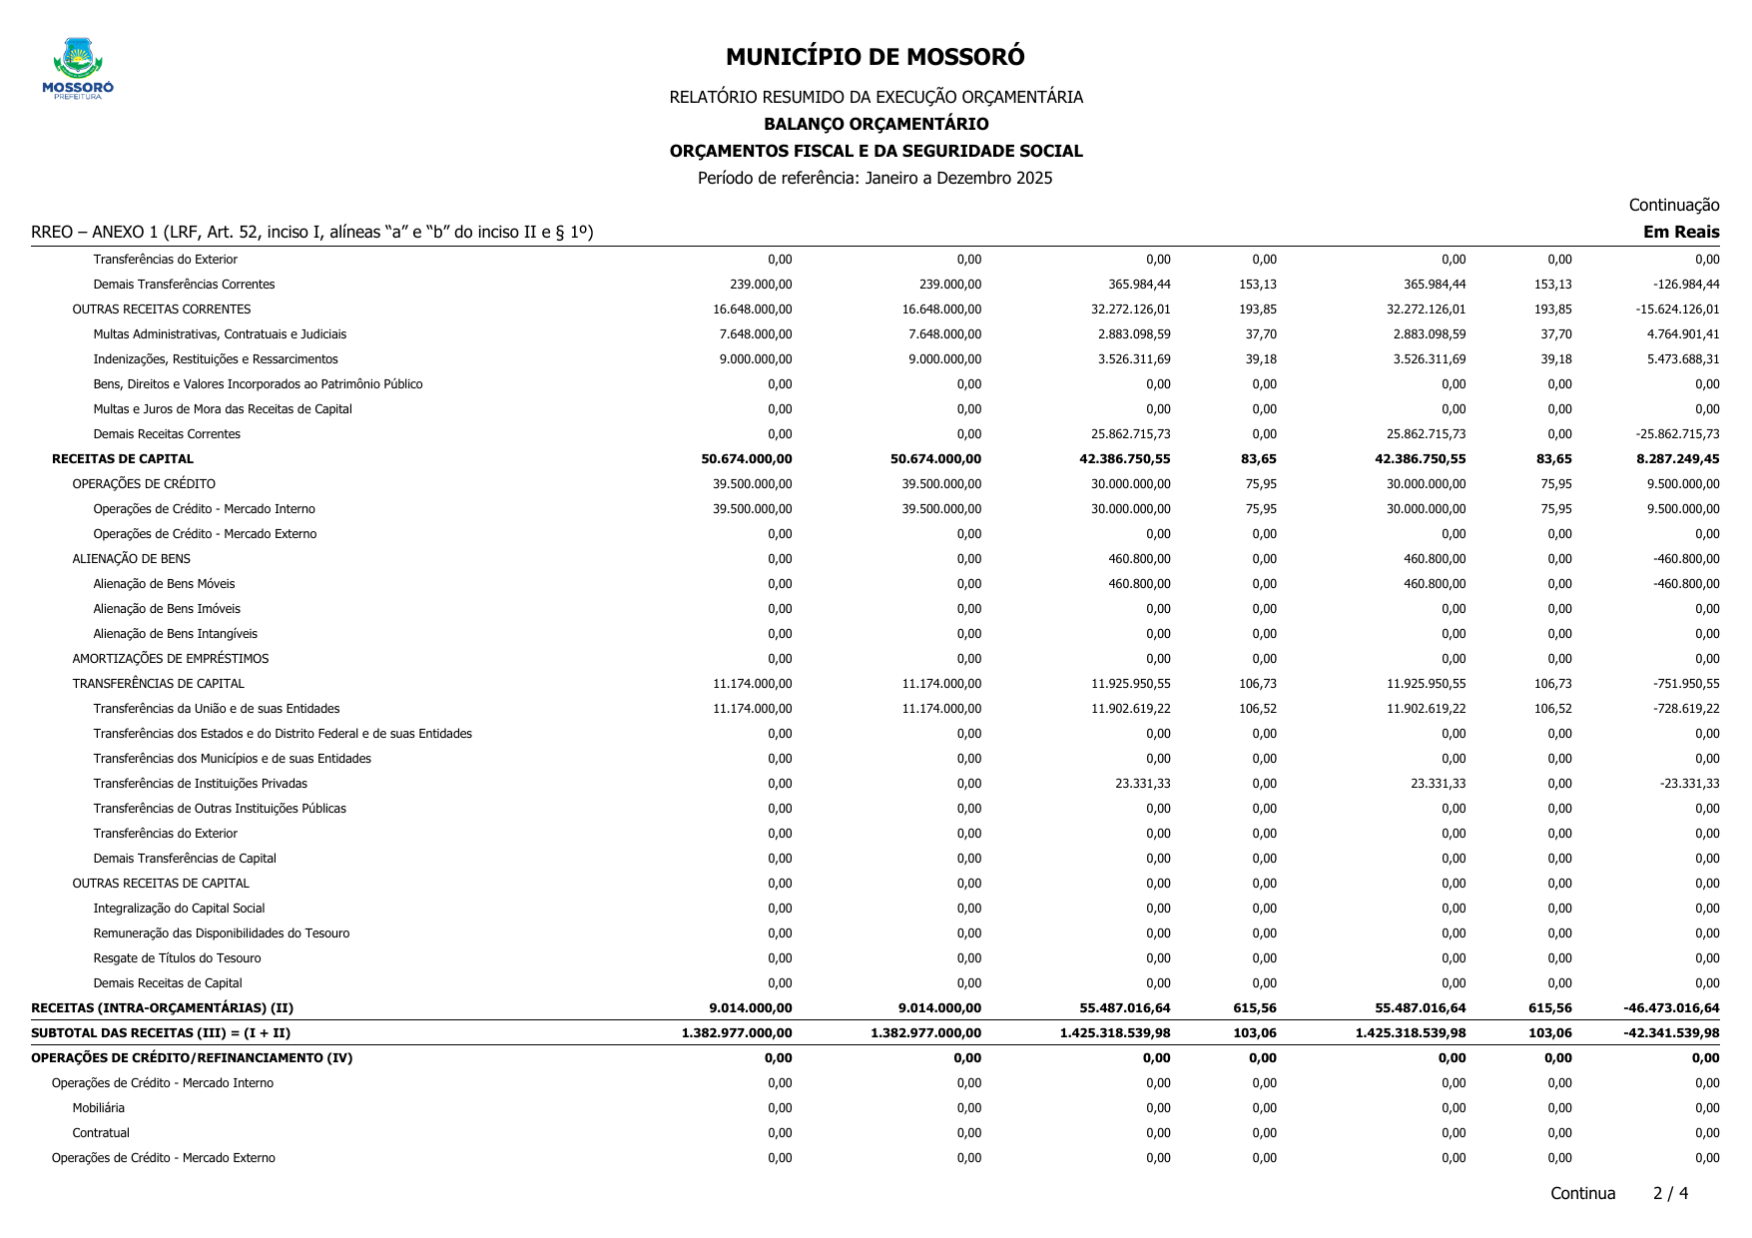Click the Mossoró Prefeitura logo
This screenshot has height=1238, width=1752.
point(78,69)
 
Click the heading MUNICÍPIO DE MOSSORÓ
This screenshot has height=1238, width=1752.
point(875,57)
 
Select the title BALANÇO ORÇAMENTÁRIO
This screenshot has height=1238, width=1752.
point(876,124)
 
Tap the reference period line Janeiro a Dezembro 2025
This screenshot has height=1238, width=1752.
point(875,179)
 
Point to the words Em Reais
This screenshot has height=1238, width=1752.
point(1681,233)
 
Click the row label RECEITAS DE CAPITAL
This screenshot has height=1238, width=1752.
point(123,459)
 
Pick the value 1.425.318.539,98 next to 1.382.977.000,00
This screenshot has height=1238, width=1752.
point(1115,1033)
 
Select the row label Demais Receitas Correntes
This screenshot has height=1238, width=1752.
point(167,434)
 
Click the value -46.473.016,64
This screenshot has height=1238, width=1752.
point(1670,1008)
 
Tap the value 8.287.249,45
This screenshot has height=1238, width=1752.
point(1671,459)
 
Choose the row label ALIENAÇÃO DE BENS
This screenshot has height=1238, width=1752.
point(131,559)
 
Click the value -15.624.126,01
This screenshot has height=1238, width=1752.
point(1677,309)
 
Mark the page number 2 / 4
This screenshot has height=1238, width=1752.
point(1670,1193)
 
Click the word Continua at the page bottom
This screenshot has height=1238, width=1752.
point(1582,1193)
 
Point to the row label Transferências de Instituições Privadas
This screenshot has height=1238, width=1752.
point(200,784)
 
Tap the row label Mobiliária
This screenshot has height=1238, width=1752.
point(98,1108)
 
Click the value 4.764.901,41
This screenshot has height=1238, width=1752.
point(1683,334)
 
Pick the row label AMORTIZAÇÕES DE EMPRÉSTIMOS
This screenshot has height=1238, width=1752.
point(170,659)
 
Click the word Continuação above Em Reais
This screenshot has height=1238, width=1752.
point(1673,206)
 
